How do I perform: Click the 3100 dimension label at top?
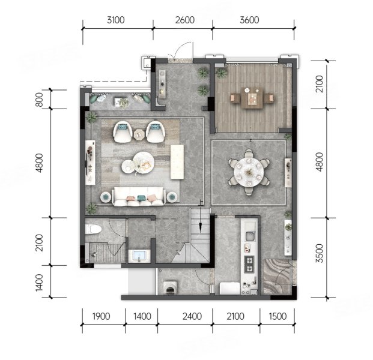tap(115, 20)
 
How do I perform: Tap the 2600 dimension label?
tap(185, 20)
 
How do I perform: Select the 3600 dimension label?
tap(249, 20)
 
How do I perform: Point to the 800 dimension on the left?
tap(39, 100)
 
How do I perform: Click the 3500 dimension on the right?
tap(320, 253)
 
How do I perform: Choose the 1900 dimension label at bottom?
tap(101, 317)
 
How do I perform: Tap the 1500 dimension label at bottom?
tap(277, 317)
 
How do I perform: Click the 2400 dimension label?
tap(192, 317)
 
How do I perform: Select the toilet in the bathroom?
tap(93, 229)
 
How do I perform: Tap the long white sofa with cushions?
tap(139, 197)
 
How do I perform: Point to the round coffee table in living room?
tap(144, 163)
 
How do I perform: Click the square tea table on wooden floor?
tap(252, 98)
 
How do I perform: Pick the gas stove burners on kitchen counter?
tap(249, 264)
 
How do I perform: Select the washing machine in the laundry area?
tap(170, 288)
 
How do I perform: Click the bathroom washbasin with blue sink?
tap(139, 256)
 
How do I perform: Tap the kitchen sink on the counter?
tap(249, 236)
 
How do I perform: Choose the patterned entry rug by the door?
tap(277, 277)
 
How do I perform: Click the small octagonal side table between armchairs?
tap(138, 134)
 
